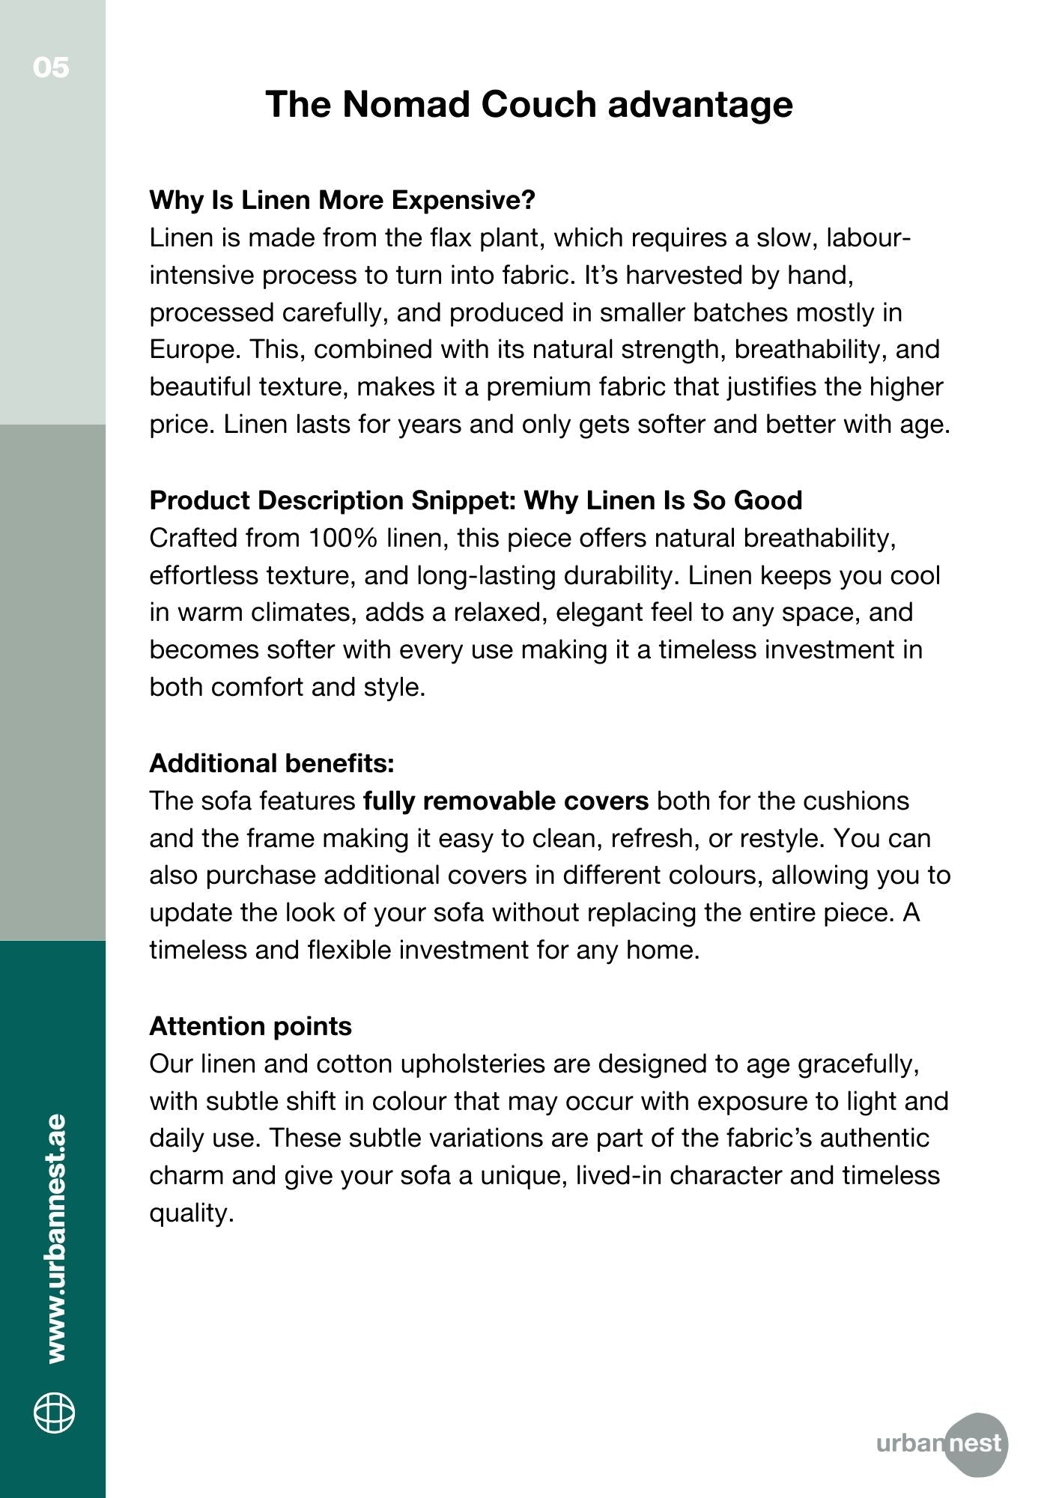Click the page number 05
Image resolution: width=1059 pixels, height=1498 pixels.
51,67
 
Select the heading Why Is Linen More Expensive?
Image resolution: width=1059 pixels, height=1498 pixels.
342,200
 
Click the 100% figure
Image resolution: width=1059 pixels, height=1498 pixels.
344,538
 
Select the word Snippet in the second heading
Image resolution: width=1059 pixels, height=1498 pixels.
464,500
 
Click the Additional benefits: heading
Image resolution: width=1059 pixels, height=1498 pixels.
272,763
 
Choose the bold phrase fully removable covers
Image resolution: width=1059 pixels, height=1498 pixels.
506,801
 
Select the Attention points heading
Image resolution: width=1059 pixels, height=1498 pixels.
250,1026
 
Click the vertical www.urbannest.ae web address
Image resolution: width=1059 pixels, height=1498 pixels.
55,1238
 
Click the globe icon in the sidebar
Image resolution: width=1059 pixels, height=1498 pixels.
54,1413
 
